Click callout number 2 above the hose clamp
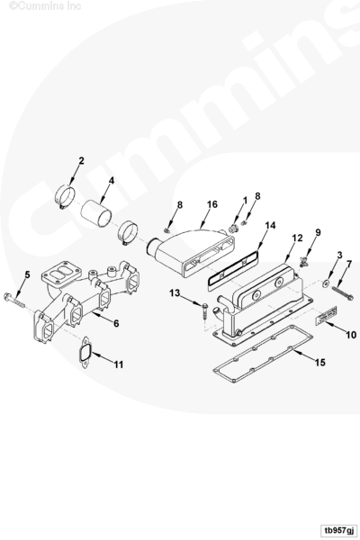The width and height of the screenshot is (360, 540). tap(81, 161)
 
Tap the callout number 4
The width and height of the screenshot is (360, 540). tap(112, 181)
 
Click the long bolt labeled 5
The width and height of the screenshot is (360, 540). tap(13, 300)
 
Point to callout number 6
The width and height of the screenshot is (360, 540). tap(116, 323)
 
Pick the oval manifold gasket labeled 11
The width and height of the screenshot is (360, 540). tap(85, 352)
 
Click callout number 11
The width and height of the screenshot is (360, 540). tap(119, 364)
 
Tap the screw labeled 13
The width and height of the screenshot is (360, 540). tap(204, 311)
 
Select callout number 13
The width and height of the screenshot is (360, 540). tap(175, 293)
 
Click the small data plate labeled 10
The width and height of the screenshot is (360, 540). tap(326, 315)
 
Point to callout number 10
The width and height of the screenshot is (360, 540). tap(351, 335)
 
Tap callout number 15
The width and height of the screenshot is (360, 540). tap(320, 363)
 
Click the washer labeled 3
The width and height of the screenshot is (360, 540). tap(326, 283)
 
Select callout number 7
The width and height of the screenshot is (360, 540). tap(349, 265)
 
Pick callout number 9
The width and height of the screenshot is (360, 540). tap(318, 232)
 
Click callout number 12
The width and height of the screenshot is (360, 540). tap(297, 238)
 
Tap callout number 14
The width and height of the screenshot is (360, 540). tap(270, 226)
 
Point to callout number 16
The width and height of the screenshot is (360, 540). tap(212, 204)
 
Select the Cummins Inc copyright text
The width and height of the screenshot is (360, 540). tap(45, 6)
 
